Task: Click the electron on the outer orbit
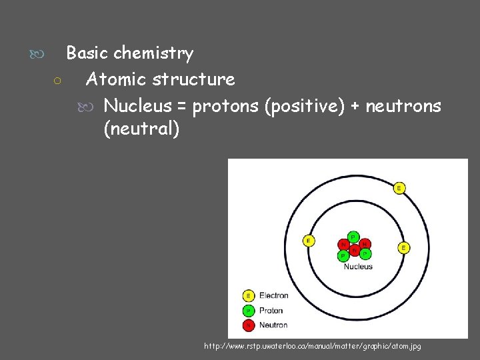[399, 188]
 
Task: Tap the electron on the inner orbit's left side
[309, 241]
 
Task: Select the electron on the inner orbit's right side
[403, 247]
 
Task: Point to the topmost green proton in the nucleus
[353, 237]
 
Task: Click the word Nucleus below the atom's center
[358, 267]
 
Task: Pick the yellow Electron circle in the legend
[249, 295]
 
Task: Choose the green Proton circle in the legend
[249, 310]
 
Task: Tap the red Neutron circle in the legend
[249, 325]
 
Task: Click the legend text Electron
[273, 295]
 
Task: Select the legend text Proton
[271, 310]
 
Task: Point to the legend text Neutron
[273, 325]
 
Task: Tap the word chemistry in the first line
[153, 53]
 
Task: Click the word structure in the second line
[193, 79]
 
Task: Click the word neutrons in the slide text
[403, 106]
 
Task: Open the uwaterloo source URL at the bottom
[313, 346]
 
